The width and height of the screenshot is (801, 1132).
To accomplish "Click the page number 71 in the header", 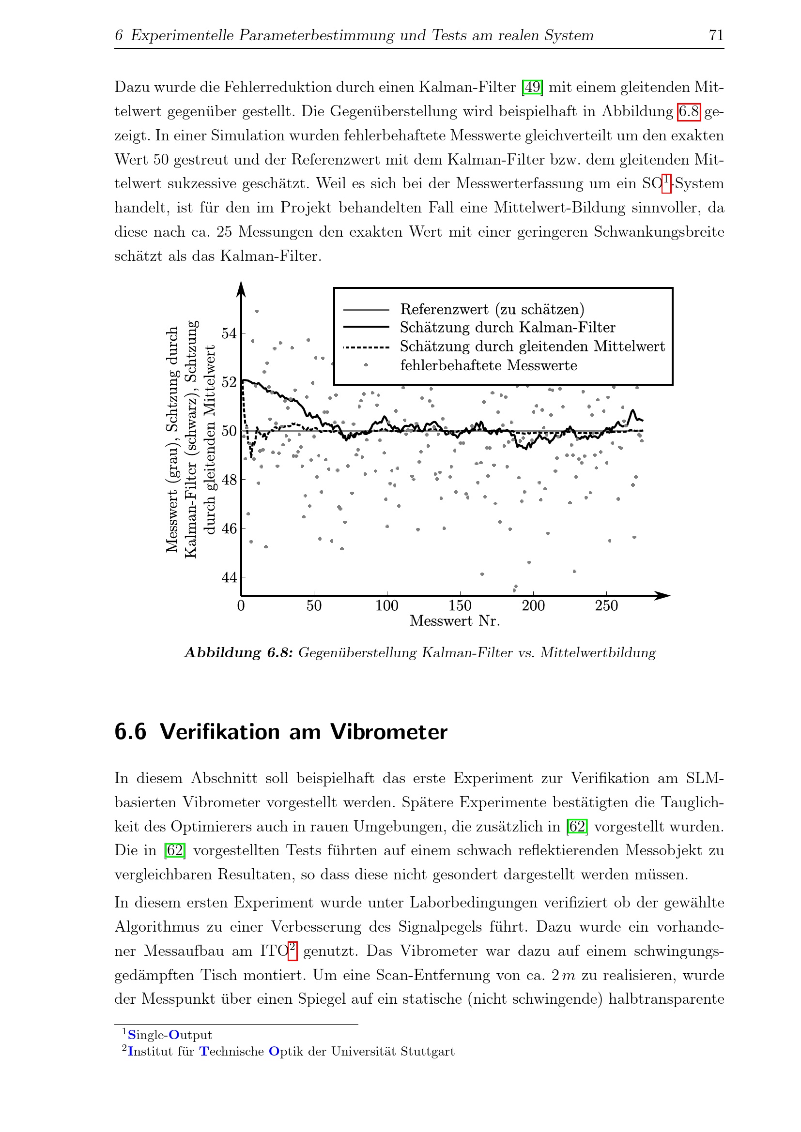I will pyautogui.click(x=716, y=35).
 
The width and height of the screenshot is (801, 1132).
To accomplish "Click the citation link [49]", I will pyautogui.click(x=532, y=87).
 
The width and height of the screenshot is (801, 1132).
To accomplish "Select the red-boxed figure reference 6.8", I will pyautogui.click(x=689, y=111).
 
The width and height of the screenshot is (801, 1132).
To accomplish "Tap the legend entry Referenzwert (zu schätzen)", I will pyautogui.click(x=492, y=309).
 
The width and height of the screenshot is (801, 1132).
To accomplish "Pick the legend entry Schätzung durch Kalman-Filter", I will pyautogui.click(x=507, y=327).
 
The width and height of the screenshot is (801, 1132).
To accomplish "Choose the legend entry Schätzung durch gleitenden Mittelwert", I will pyautogui.click(x=532, y=347).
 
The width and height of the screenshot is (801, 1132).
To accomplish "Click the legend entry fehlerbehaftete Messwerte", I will pyautogui.click(x=488, y=365).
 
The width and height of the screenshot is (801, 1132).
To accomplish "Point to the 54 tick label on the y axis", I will pyautogui.click(x=229, y=333).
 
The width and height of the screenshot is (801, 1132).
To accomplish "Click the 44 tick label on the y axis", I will pyautogui.click(x=229, y=577).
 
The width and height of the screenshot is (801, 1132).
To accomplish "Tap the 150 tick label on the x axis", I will pyautogui.click(x=460, y=606).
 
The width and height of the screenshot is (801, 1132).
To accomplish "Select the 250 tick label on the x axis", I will pyautogui.click(x=606, y=606).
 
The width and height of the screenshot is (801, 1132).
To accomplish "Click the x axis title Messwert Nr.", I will pyautogui.click(x=455, y=621).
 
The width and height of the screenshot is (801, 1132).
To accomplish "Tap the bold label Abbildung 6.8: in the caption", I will pyautogui.click(x=239, y=653).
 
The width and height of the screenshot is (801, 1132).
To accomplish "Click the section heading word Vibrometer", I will pyautogui.click(x=389, y=732).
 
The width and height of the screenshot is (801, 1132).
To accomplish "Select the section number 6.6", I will pyautogui.click(x=130, y=732).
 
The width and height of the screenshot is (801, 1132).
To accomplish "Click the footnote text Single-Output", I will pyautogui.click(x=169, y=1035).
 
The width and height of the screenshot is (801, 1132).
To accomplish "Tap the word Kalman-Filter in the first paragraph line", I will pyautogui.click(x=467, y=87).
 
